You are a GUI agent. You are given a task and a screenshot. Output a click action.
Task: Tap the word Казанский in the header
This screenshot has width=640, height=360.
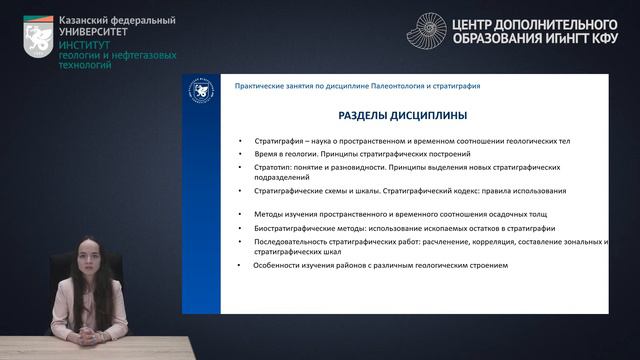pos(86,20)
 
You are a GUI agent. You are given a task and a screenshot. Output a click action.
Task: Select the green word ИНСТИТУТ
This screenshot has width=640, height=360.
pos(86,46)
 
